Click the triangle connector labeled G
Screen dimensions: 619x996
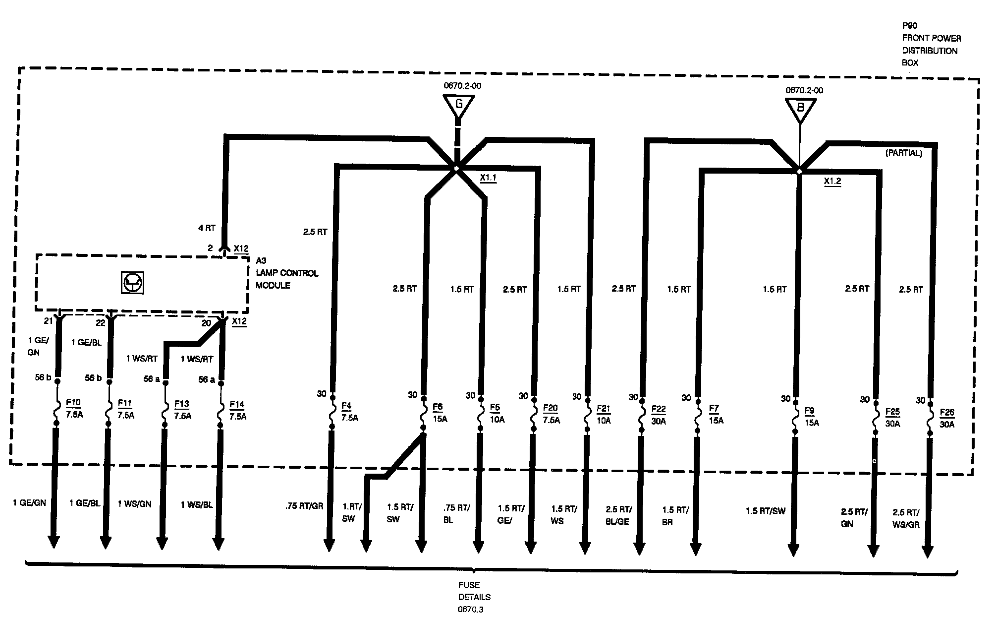(x=458, y=106)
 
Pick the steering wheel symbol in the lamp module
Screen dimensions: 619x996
(x=132, y=283)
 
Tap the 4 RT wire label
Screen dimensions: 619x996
(x=207, y=229)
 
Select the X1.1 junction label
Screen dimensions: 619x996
(x=488, y=178)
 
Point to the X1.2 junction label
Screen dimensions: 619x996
(x=832, y=182)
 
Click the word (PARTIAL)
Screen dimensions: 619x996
(x=903, y=154)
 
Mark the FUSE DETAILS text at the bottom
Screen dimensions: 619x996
(x=474, y=591)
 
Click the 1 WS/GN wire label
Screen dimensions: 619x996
(x=135, y=504)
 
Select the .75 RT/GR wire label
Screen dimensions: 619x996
(x=304, y=506)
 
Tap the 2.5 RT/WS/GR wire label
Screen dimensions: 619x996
(x=906, y=518)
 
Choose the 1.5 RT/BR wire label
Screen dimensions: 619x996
(x=675, y=516)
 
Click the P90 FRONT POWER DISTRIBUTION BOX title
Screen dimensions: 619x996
(x=931, y=45)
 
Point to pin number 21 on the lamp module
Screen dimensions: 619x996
(x=48, y=321)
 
